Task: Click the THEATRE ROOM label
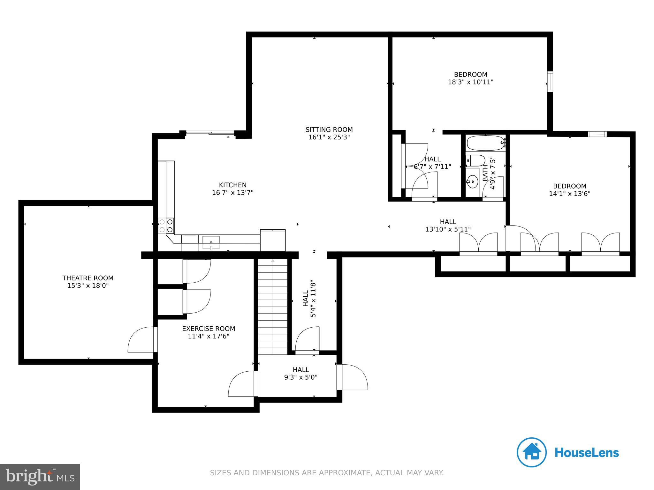[x=88, y=278]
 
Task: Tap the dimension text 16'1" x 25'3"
[x=329, y=137]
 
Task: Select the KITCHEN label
[x=232, y=185]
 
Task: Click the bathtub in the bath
[x=485, y=143]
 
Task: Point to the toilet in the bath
[x=475, y=160]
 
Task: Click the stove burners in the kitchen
[x=166, y=225]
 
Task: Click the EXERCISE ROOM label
[x=209, y=329]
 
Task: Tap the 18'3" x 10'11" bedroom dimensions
[x=471, y=82]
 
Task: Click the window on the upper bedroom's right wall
[x=550, y=82]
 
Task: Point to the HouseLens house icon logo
[x=532, y=452]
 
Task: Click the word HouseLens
[x=587, y=453]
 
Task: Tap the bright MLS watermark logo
[x=40, y=477]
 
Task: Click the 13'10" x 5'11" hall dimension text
[x=448, y=229]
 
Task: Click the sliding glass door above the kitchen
[x=210, y=133]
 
